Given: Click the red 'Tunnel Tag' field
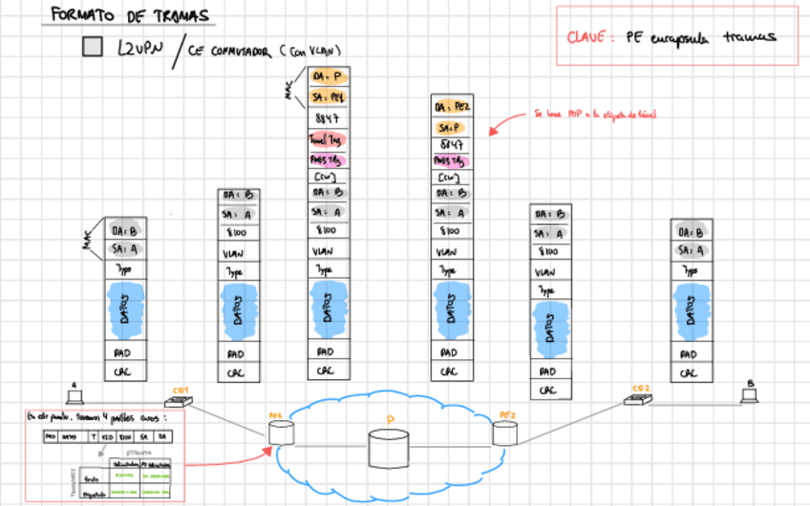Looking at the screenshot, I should [328, 140].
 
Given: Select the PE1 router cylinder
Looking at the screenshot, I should [280, 432].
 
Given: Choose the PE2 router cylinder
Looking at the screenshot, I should [504, 433].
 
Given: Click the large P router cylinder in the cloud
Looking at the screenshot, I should [392, 448].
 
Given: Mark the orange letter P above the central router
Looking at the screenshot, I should [390, 419].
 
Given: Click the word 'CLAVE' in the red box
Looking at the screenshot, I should [586, 38].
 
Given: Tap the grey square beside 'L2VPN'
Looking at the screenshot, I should [93, 48].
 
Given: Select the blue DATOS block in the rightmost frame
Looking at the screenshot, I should [691, 306].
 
